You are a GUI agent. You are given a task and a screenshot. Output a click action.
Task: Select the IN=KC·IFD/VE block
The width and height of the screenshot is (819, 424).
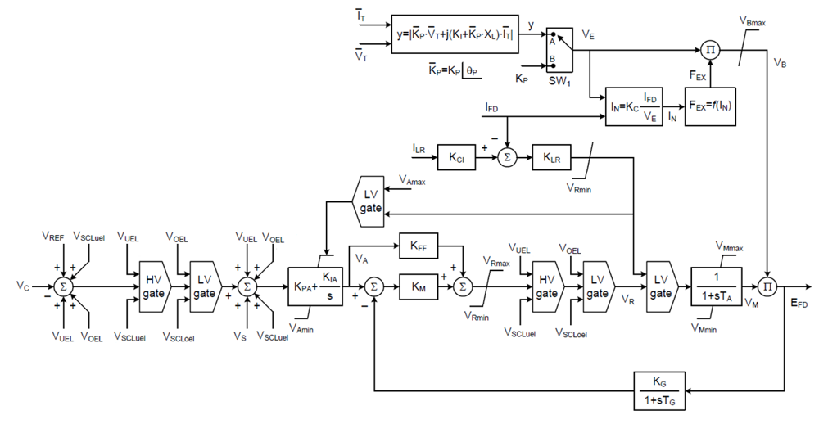(x=634, y=107)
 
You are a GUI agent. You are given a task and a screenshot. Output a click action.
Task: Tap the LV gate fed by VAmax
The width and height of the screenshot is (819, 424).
(x=366, y=199)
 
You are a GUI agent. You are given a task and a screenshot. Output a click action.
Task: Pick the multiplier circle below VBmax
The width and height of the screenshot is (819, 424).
(x=712, y=49)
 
